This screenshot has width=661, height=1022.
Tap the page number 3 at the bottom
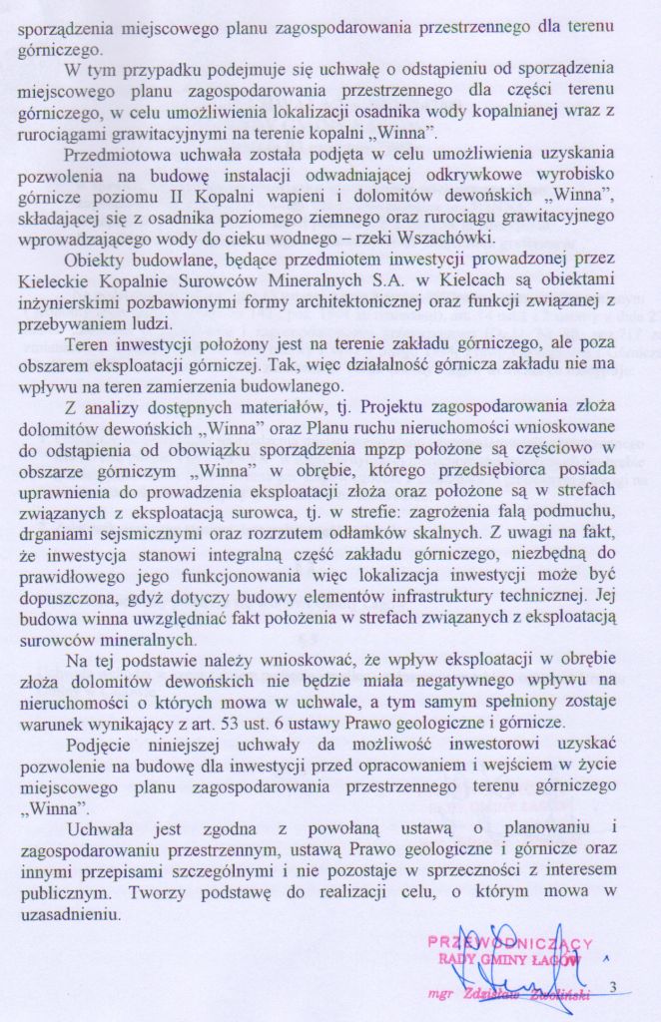coord(613,987)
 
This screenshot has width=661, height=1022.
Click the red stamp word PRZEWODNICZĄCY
coord(510,942)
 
